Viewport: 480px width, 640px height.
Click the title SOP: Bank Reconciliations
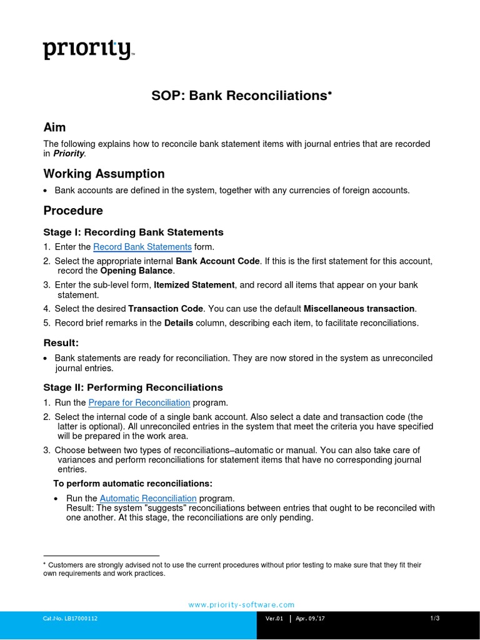(240, 96)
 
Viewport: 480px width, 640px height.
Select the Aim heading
(54, 127)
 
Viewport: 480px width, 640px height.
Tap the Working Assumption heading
(104, 174)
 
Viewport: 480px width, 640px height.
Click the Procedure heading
(73, 211)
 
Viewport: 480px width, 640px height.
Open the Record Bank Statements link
(142, 247)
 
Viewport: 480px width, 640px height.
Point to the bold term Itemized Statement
(194, 285)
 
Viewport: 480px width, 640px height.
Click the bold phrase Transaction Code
(166, 309)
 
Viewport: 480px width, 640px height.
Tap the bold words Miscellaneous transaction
(359, 309)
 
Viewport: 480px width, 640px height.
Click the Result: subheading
(61, 342)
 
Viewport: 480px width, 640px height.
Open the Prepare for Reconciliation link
(139, 402)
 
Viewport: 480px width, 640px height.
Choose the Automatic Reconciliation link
(148, 498)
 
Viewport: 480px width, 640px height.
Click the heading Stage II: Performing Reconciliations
(133, 387)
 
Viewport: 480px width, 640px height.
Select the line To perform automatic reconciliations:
(132, 484)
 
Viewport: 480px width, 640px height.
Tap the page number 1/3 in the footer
(435, 619)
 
